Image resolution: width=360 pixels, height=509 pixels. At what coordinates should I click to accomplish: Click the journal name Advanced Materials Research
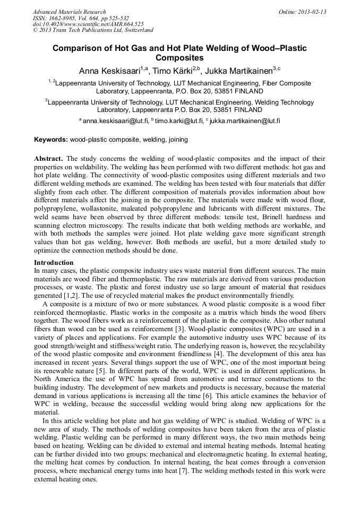click(x=69, y=12)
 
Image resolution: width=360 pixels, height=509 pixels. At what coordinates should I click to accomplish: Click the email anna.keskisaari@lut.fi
click(x=116, y=121)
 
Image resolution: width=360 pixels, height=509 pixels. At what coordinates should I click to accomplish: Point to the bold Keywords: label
click(x=51, y=140)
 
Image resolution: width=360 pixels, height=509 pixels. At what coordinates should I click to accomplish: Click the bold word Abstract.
click(x=48, y=159)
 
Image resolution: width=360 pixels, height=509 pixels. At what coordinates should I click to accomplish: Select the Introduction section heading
click(x=54, y=263)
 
